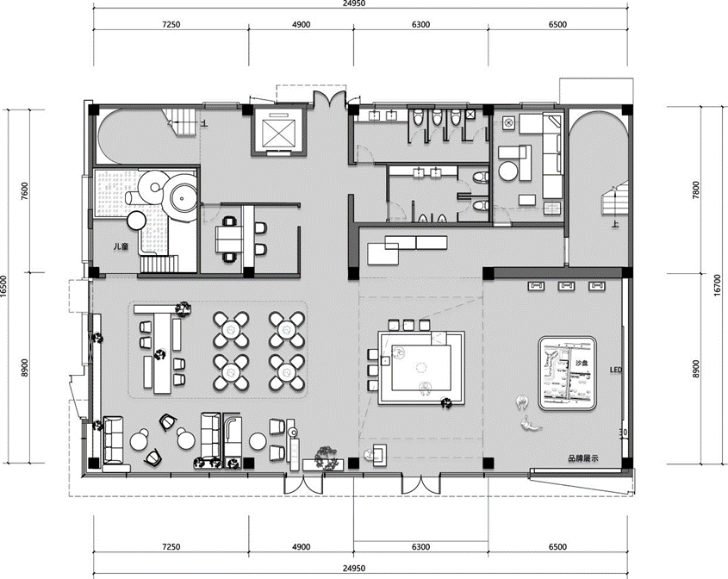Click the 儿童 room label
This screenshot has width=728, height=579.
pos(121,247)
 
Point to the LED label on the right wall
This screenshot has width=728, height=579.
pos(615,371)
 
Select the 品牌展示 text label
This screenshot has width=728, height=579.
pos(582,459)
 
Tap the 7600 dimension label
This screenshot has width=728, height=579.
pos(25,190)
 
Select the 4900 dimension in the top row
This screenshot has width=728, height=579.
pos(301,25)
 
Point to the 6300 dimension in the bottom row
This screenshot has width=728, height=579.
pos(420,546)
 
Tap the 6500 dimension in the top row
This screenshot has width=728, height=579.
pos(557,25)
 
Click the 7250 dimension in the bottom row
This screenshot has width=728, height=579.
pos(170,546)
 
